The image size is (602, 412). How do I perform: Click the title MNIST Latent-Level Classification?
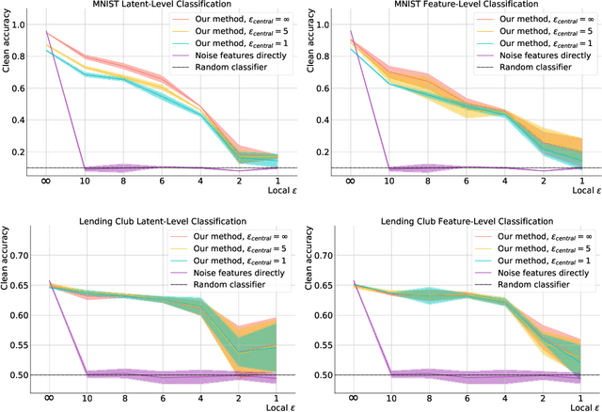tap(169, 6)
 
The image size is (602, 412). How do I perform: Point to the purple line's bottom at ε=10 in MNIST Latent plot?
tap(86, 169)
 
